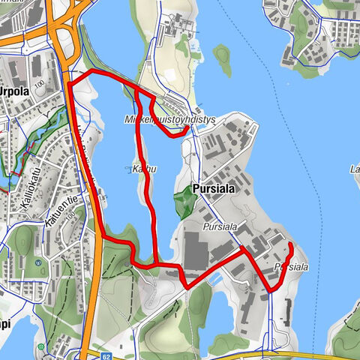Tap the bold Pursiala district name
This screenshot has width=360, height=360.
[x=214, y=190]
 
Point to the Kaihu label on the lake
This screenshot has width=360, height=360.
[x=144, y=169]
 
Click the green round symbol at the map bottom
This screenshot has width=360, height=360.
[x=77, y=355]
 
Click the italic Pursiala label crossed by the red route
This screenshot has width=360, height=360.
[x=291, y=267]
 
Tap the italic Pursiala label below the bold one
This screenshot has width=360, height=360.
[x=219, y=224]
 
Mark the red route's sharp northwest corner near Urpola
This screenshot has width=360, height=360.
[x=69, y=81]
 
